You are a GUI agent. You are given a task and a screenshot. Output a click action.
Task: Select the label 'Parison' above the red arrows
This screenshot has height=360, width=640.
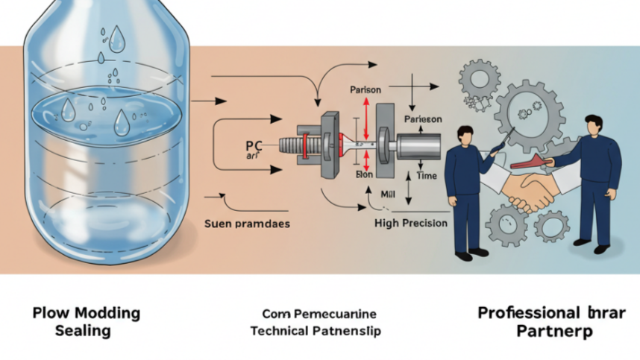366,90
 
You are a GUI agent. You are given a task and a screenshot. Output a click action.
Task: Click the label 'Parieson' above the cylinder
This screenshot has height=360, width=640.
422,119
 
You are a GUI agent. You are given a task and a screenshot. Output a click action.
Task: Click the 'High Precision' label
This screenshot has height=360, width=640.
411,222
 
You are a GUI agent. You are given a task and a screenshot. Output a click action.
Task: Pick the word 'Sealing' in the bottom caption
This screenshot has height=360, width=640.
83,330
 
